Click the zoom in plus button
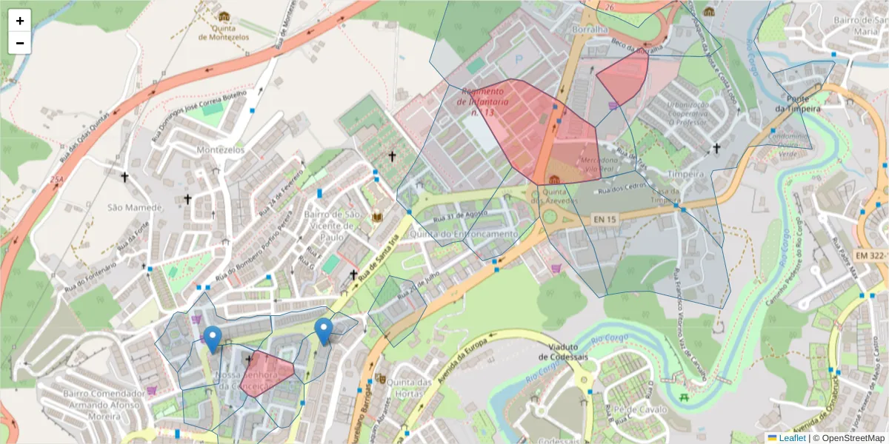point(20,21)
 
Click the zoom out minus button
point(20,43)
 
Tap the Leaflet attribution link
point(792,438)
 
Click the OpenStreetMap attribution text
point(848,438)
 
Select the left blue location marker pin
point(213,339)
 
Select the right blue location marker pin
point(323,331)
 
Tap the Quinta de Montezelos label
point(223,31)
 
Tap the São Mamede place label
point(134,207)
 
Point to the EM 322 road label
point(870,255)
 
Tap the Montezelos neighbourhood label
point(220,149)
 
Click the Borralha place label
point(590,30)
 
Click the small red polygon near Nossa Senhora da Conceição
point(268,372)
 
